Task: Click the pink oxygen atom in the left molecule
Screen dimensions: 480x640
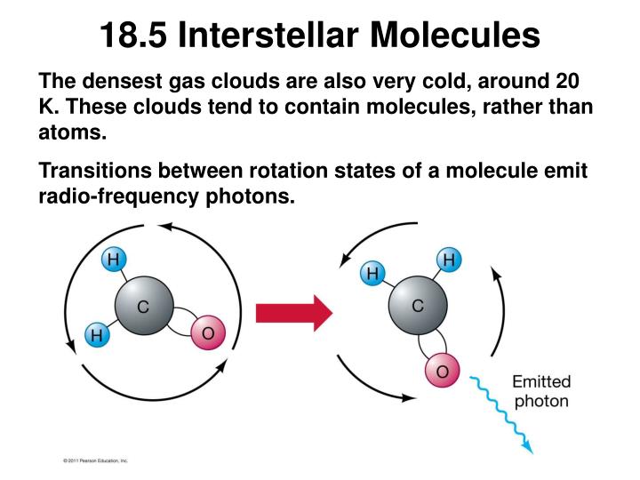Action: [x=208, y=333]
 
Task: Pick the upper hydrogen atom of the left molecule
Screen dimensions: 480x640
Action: [x=113, y=260]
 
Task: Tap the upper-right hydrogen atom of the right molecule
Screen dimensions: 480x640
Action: [x=448, y=260]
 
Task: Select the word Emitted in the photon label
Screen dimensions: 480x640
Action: [x=540, y=382]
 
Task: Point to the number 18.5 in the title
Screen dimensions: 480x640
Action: [x=133, y=36]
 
